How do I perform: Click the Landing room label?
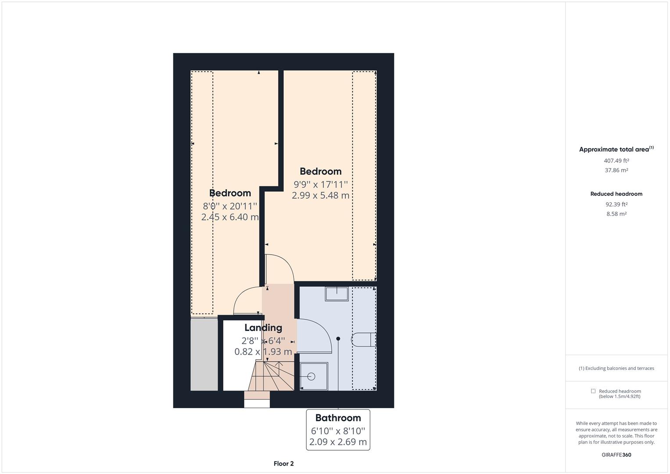263,327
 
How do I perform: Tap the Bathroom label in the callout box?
338,418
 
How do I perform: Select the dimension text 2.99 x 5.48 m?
320,195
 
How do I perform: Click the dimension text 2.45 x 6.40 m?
230,217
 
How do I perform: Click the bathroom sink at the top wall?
337,293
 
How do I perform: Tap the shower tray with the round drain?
313,376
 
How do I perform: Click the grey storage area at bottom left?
204,354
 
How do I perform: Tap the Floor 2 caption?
283,463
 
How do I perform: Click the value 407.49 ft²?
616,161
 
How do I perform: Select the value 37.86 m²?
616,170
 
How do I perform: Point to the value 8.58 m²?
616,214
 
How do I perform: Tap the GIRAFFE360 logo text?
616,455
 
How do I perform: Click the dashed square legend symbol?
593,391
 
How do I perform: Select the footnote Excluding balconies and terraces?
616,368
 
